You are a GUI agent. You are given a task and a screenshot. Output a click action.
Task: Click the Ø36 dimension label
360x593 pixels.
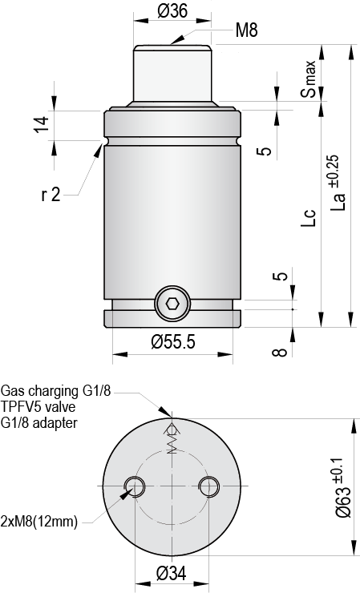pos(172,10)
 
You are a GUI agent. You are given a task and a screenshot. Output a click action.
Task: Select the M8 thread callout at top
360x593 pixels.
pos(246,31)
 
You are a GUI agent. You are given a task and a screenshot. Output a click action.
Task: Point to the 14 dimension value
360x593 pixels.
pos(41,123)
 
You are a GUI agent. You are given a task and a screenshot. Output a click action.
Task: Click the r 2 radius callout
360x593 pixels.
pos(51,194)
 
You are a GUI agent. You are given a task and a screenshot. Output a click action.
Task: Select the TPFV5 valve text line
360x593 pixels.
pos(41,407)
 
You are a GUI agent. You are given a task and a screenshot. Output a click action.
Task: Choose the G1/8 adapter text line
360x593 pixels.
pos(39,422)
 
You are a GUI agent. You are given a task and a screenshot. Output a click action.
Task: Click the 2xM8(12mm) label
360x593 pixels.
pos(41,521)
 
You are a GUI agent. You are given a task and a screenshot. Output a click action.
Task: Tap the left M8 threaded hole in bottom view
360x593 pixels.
pos(135,486)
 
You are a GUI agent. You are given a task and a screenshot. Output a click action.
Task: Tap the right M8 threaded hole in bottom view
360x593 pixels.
pos(209,486)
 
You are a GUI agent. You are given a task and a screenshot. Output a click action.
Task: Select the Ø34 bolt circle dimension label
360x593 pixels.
pos(172,572)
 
